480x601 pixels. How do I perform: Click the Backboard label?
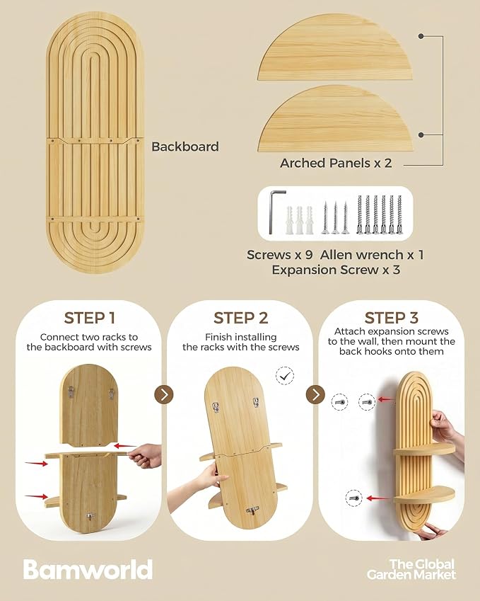point(185,147)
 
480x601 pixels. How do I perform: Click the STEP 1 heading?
point(89,318)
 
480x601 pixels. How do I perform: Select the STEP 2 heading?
point(240,318)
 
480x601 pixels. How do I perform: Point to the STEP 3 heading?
point(391,318)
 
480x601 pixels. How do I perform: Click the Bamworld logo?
point(88,570)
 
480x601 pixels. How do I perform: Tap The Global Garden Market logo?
point(411,569)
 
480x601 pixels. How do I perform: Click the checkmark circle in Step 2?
point(285,376)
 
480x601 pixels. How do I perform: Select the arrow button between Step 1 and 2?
point(164,394)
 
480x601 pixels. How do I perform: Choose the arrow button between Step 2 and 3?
point(315,394)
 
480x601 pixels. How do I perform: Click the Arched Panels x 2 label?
point(336,163)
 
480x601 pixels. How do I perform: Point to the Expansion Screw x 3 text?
point(336,270)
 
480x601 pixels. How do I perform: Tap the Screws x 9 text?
point(279,255)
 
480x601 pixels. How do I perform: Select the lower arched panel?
point(335,119)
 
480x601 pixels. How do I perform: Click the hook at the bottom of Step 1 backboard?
point(90,517)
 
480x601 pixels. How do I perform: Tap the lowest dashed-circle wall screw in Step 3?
point(353,498)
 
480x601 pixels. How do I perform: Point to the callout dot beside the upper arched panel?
point(421,36)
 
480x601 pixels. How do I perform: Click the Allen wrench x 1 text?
point(372,255)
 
